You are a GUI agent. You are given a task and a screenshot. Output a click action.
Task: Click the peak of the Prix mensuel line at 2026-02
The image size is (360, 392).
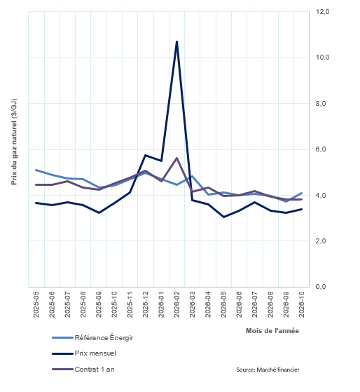(176, 41)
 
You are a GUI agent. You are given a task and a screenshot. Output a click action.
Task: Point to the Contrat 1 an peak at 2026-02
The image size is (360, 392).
(176, 158)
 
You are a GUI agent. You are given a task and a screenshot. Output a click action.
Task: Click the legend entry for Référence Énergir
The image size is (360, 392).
(92, 338)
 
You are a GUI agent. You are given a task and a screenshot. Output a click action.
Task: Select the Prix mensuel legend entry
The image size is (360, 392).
(84, 353)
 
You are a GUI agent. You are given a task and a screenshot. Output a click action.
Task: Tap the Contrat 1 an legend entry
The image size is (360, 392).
(83, 370)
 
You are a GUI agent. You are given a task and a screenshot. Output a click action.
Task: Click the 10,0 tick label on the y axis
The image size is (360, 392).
(322, 58)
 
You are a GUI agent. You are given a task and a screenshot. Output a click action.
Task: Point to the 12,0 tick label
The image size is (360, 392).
(322, 12)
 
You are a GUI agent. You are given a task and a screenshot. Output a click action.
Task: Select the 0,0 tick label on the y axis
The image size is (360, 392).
(321, 287)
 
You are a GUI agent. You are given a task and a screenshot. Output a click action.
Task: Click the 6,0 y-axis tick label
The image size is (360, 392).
(321, 149)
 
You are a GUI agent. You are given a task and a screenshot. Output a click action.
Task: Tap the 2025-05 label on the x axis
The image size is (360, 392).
(36, 304)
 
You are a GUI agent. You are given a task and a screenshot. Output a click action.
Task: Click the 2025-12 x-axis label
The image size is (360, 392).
(146, 304)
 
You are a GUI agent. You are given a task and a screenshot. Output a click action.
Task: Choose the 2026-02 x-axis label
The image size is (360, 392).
(176, 304)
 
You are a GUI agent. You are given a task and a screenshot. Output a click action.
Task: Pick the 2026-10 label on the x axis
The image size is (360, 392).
(302, 304)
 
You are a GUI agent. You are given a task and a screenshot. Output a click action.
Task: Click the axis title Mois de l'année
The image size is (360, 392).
(272, 331)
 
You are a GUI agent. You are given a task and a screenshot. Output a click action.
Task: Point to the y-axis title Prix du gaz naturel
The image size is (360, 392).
(14, 142)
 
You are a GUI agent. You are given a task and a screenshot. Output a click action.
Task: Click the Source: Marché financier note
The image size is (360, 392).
(268, 370)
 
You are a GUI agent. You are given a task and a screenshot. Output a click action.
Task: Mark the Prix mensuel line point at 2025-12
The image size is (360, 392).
(146, 155)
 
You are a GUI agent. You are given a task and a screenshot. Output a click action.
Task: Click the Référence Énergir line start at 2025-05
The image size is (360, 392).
(36, 170)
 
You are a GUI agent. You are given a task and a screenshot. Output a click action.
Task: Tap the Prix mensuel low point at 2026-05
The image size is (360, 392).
(223, 217)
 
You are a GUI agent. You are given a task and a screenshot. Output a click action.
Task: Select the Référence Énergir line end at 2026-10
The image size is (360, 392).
(302, 193)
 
